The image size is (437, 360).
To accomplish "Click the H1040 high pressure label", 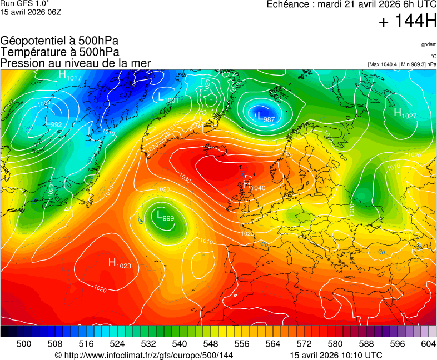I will (x=254, y=186).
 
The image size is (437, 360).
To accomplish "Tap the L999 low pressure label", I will (x=165, y=216).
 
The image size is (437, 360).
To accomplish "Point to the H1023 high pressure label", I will (x=120, y=263).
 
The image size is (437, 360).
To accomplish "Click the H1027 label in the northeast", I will (x=405, y=113).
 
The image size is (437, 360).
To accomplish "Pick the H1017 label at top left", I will (x=70, y=76).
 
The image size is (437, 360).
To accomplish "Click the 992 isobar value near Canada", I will (x=56, y=124).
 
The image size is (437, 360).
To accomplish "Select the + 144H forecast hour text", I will (x=407, y=21).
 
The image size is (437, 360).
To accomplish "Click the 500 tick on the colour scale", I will (x=24, y=344).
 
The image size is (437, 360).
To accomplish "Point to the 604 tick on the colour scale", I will (x=428, y=344).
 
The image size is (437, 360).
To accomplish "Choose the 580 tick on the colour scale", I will (x=335, y=344).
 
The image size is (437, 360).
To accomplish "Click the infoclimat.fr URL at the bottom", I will (x=143, y=355).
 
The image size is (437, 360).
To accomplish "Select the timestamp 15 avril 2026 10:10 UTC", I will (x=336, y=355).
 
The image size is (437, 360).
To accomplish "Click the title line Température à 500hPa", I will (x=59, y=52).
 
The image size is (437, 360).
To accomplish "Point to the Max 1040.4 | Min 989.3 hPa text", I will (x=401, y=64).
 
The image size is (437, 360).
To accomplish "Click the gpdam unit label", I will (x=428, y=44).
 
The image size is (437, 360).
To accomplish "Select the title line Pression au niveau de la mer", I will (x=75, y=63).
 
